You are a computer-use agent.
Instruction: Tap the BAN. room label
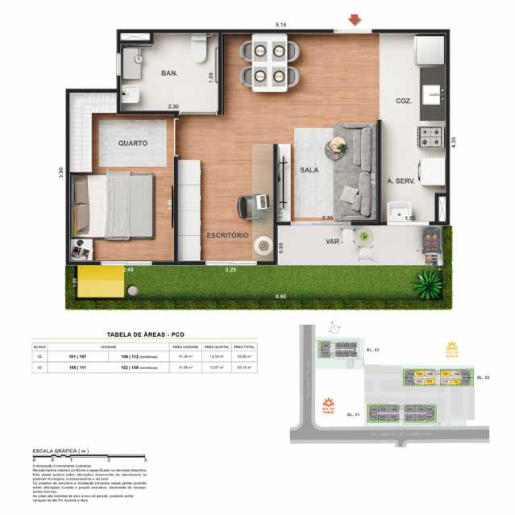point(169,73)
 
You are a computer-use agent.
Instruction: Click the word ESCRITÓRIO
point(226,236)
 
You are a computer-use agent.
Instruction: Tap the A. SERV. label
point(401,182)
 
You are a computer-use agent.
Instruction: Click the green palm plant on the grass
point(427,283)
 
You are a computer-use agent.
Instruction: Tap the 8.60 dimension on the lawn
point(280,297)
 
